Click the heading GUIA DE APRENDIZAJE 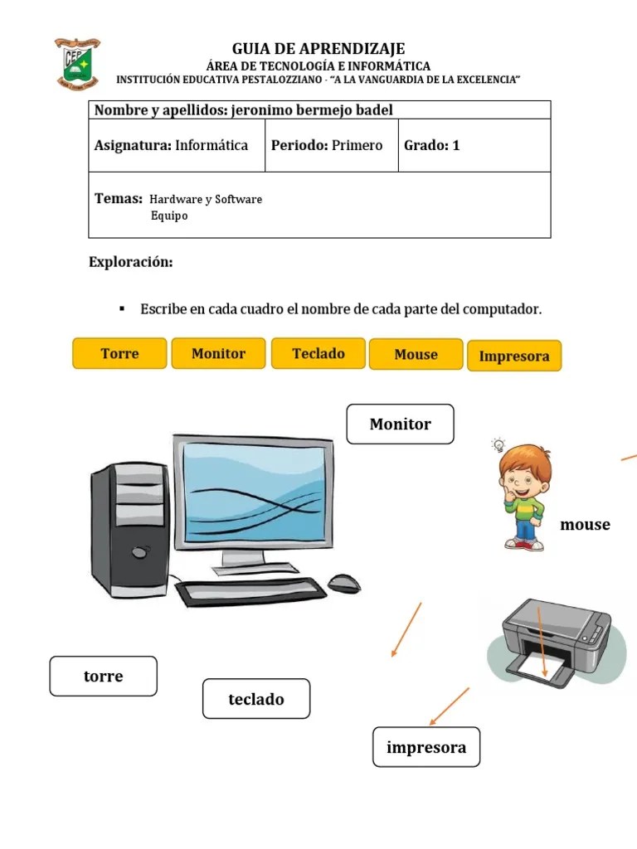point(318,49)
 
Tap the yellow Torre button point(120,353)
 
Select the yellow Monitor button point(218,353)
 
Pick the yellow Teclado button point(318,353)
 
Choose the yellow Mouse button point(416,354)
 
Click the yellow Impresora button point(514,356)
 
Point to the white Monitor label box point(400,424)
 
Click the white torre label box point(103,676)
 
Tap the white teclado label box point(256,699)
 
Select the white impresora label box point(426,747)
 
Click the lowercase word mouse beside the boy point(585,524)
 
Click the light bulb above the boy point(498,444)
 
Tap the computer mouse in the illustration point(344,583)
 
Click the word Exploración point(131,262)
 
